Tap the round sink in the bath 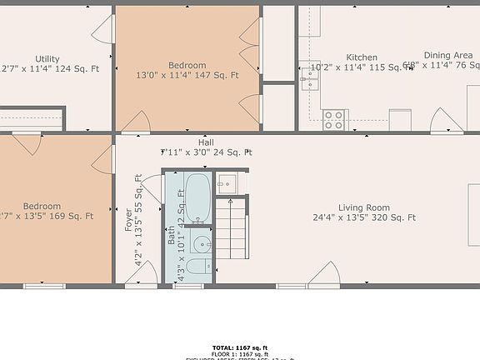[200, 243]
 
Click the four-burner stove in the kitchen [335, 120]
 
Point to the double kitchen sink [310, 79]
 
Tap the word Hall [206, 142]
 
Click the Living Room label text [363, 207]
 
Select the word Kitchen [362, 57]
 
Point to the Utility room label [47, 59]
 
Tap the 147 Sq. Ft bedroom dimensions [187, 75]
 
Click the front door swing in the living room [327, 273]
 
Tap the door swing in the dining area [447, 118]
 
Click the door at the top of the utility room [101, 31]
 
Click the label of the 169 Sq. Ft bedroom [42, 206]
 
